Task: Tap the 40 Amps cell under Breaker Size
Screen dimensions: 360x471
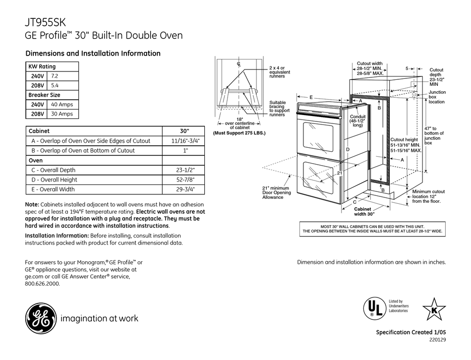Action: [x=62, y=104]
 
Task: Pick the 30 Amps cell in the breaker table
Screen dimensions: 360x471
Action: [x=62, y=114]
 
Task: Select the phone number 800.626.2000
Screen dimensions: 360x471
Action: [x=42, y=284]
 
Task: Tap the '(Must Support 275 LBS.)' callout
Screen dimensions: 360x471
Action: [x=239, y=133]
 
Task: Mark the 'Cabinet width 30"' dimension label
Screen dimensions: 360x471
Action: [x=364, y=212]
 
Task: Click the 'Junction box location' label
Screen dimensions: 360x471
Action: [x=437, y=97]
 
